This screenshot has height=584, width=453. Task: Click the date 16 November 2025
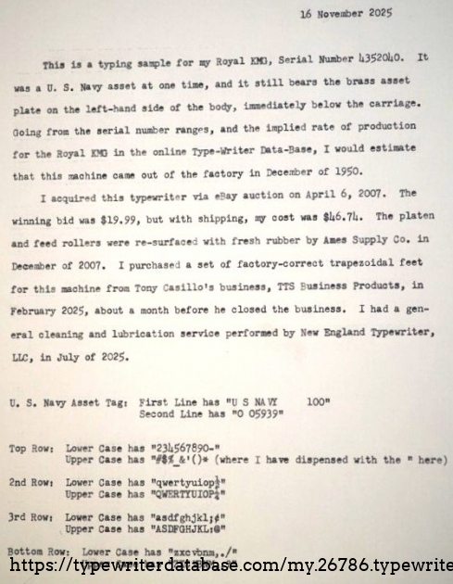[x=346, y=13]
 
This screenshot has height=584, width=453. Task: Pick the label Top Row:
[x=31, y=449]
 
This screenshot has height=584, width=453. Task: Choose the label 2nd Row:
[x=31, y=483]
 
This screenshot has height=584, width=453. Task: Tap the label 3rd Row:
[x=31, y=518]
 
